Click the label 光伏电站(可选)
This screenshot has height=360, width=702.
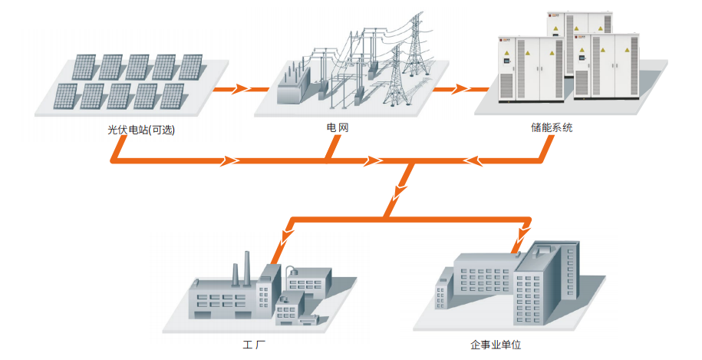142,129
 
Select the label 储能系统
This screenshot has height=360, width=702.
550,128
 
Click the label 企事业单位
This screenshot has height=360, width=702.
496,345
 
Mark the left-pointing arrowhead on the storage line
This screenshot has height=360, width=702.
476,161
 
